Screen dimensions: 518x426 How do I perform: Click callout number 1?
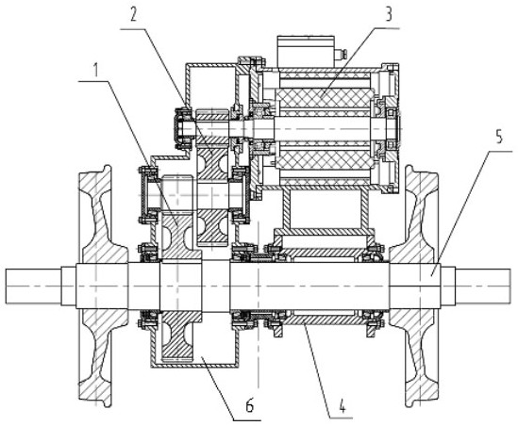(x=96, y=70)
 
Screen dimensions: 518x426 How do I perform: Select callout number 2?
(x=133, y=14)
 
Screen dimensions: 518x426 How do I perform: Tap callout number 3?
(x=389, y=14)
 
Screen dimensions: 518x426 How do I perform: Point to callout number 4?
(x=343, y=406)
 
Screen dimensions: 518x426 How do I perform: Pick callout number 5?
(x=499, y=137)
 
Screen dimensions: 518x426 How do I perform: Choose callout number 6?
(x=250, y=406)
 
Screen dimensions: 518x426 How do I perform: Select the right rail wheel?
(x=418, y=286)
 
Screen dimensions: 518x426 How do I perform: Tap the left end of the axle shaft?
(x=6, y=286)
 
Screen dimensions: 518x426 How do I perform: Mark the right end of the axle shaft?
(x=510, y=286)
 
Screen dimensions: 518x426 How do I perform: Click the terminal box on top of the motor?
(x=306, y=52)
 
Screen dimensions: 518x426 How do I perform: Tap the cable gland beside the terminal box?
(x=341, y=54)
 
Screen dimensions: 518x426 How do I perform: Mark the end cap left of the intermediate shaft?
(x=145, y=195)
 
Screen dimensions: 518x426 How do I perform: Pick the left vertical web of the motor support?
(x=286, y=209)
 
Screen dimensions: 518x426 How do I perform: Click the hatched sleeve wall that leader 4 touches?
(x=322, y=319)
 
